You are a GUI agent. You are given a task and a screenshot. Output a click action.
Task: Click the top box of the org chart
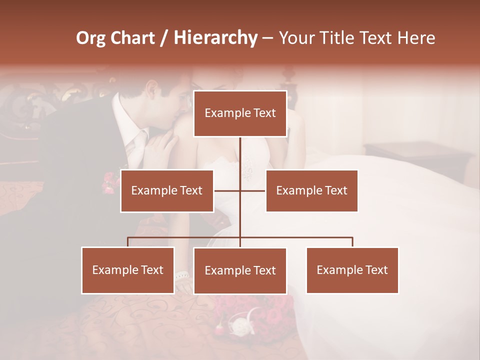coord(240,113)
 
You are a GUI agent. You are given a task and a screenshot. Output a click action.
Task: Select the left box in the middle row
coord(167,190)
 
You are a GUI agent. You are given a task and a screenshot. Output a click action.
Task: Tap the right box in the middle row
coord(311,190)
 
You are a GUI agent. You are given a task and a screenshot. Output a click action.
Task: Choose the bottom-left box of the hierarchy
coord(128,270)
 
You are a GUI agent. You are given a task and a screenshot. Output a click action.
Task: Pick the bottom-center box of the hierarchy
coord(240,270)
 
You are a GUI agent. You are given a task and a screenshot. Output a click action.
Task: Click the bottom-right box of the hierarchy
coord(352,270)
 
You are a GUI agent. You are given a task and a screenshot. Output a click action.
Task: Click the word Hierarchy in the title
coord(215,38)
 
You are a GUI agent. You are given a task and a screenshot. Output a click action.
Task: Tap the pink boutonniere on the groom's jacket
coord(108,182)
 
